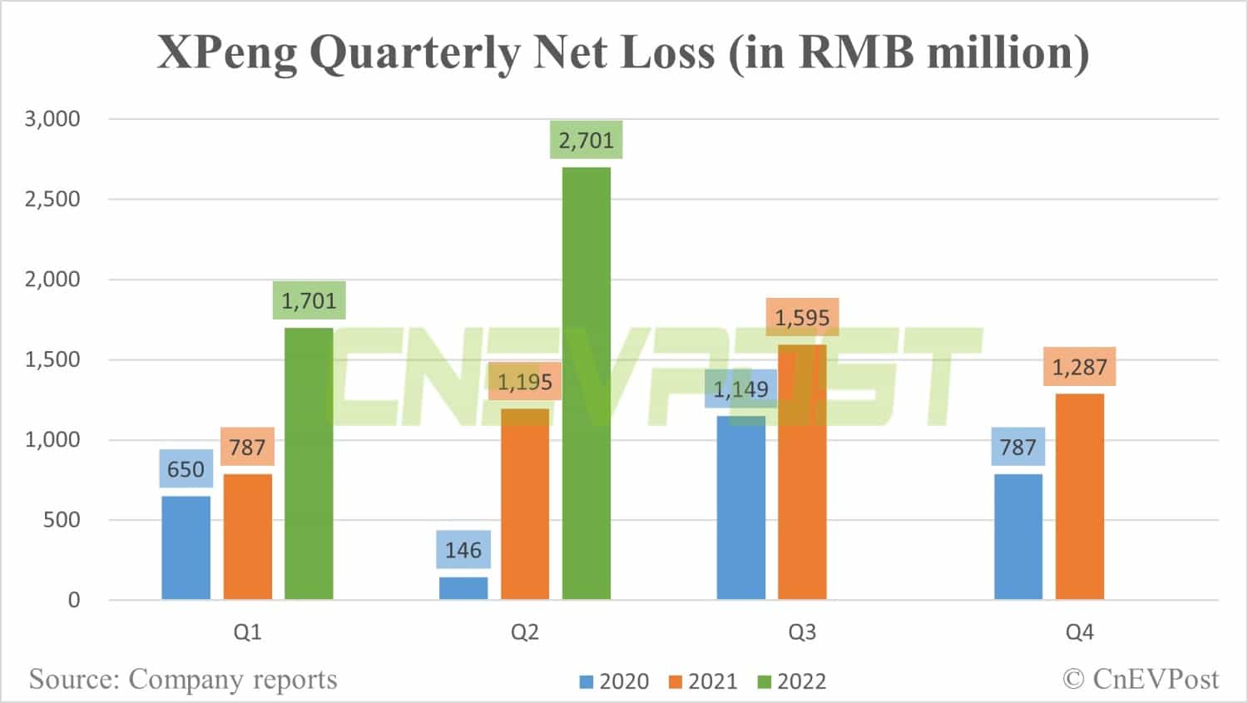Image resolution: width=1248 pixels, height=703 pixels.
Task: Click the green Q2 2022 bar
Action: (x=586, y=383)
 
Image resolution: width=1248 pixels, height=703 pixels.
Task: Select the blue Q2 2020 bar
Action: (x=463, y=588)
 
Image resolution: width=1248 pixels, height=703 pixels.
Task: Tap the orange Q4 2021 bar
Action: (x=1079, y=497)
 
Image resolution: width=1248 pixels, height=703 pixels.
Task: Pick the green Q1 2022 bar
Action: (x=309, y=463)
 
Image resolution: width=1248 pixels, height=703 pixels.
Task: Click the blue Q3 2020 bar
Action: (x=740, y=507)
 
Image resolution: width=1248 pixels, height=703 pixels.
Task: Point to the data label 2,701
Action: (x=586, y=141)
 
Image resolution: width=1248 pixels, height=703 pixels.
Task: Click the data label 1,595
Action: (x=802, y=318)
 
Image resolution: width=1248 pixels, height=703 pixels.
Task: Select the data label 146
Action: (x=463, y=550)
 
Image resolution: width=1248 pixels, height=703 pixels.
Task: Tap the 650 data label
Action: (x=186, y=469)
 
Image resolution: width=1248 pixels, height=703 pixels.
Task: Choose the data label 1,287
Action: (x=1079, y=367)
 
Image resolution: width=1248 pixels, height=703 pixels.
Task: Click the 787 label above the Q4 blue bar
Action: (x=1018, y=447)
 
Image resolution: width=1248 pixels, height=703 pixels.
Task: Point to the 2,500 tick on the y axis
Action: (x=52, y=199)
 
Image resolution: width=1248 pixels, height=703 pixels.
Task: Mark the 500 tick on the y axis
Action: (x=61, y=520)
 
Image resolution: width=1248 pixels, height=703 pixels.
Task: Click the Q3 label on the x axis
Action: (x=802, y=632)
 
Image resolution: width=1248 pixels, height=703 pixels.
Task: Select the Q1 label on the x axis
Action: (x=247, y=632)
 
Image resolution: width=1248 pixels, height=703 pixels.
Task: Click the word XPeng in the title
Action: (x=226, y=52)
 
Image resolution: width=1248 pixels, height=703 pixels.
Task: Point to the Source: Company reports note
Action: (x=183, y=680)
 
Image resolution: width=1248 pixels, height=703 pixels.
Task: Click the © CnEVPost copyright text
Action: (x=1141, y=680)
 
